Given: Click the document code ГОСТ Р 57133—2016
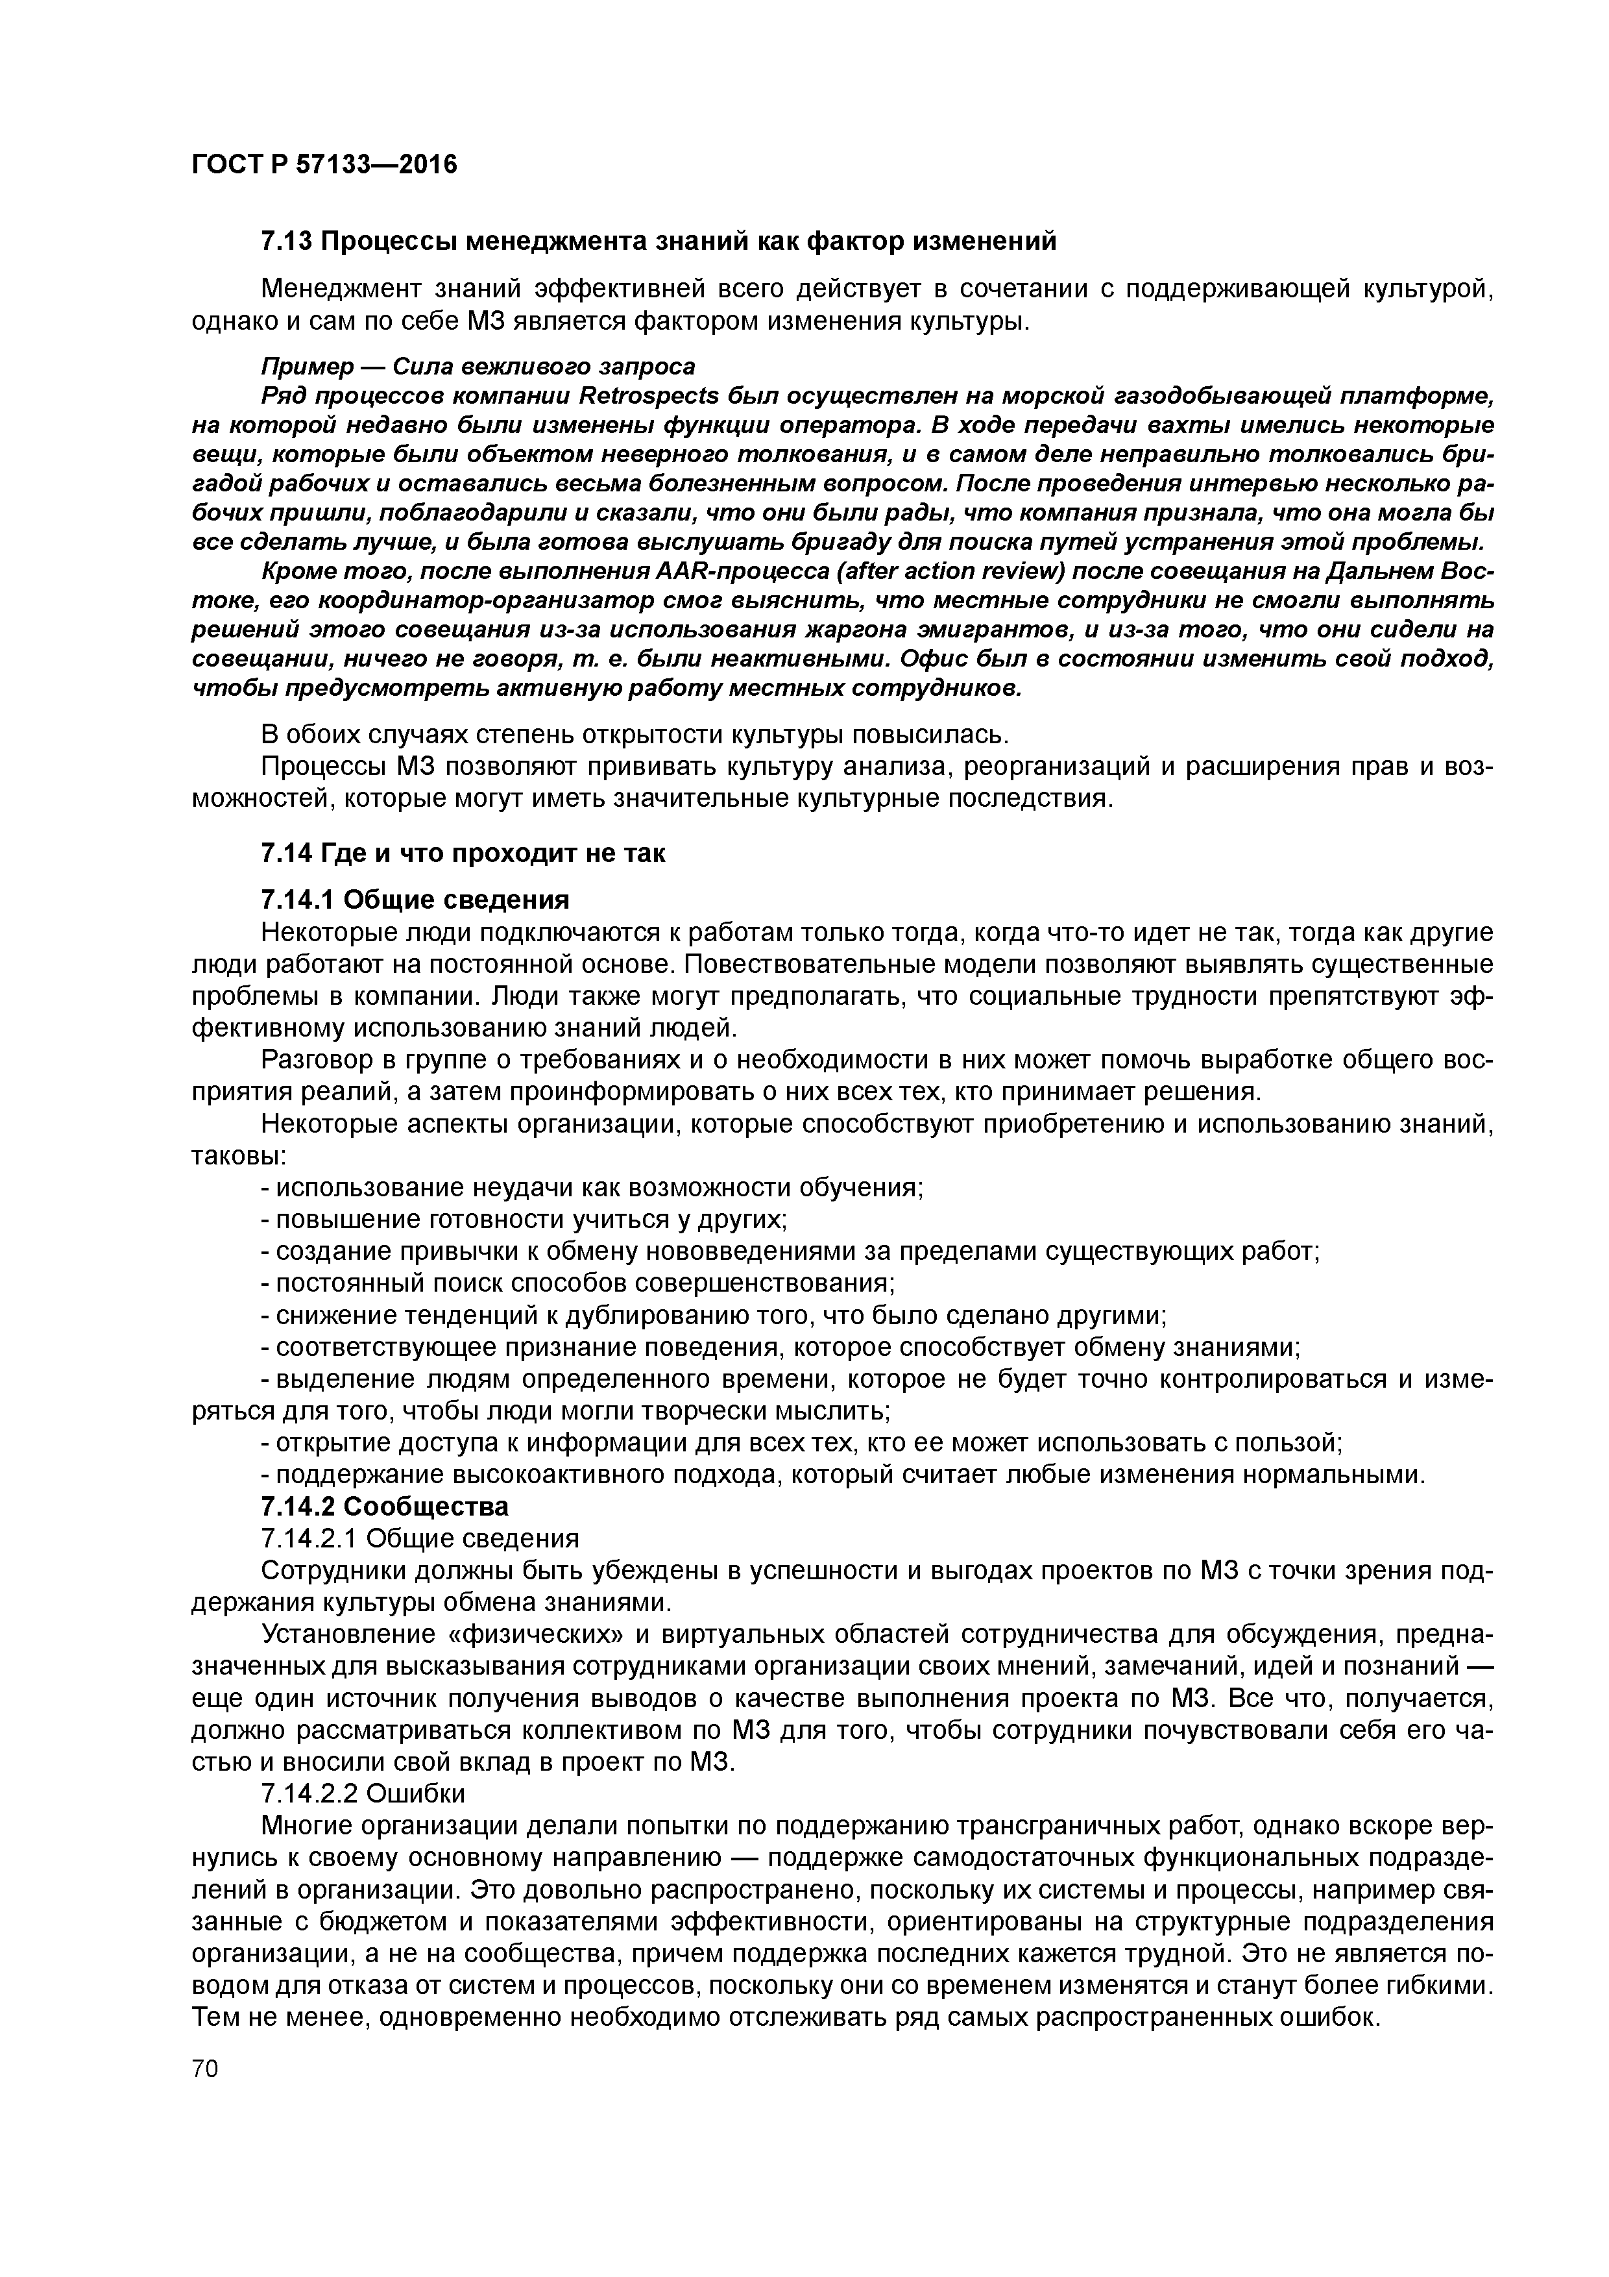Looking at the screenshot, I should pos(324,164).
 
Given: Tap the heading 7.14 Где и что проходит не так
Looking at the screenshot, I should pos(462,853).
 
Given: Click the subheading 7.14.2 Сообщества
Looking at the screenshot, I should pos(383,1507).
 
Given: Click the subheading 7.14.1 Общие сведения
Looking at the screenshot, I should pos(415,900).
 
